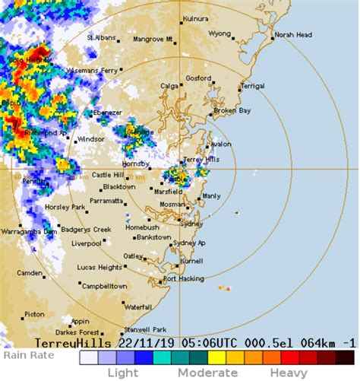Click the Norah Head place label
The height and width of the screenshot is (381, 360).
293,35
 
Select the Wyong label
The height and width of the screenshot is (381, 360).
219,33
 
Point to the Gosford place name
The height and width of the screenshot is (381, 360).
198,78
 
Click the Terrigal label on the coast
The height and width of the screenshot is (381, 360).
253,86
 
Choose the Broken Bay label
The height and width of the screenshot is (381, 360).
232,110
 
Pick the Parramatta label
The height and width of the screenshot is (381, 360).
106,202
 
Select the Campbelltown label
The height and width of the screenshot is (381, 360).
104,286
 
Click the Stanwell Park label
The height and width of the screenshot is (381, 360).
148,329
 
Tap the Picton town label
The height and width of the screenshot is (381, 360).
34,313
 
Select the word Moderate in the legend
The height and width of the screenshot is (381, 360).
207,373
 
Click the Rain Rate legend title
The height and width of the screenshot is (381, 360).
27,354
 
